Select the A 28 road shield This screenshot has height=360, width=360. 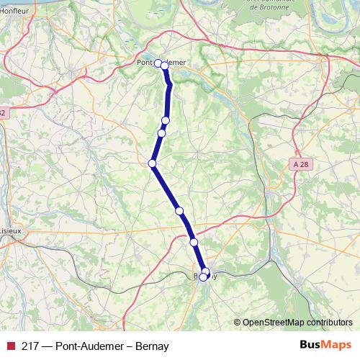[x=302, y=164]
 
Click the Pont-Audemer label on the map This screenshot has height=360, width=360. [x=161, y=62]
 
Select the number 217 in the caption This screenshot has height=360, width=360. [x=30, y=346]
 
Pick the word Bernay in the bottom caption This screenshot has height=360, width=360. [x=151, y=346]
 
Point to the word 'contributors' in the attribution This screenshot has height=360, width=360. [x=331, y=323]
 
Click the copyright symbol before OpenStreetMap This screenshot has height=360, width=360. [x=237, y=323]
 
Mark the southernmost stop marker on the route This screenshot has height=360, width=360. [x=204, y=276]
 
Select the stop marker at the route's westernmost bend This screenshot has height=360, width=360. [x=153, y=163]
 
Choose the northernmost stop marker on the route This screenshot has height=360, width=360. [x=158, y=63]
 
